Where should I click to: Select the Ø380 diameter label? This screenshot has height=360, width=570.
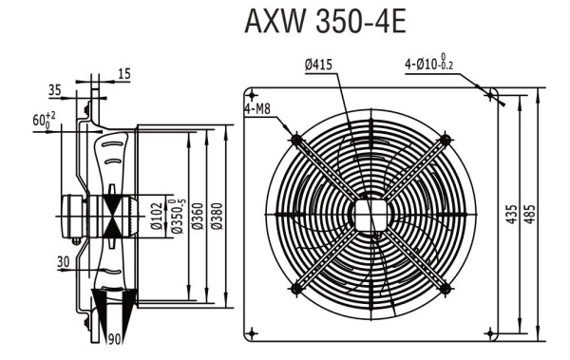coord(217,217)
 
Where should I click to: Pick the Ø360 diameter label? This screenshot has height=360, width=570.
coord(197,217)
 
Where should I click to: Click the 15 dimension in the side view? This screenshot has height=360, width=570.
coord(125,72)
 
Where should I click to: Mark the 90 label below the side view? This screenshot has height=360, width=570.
coord(114,336)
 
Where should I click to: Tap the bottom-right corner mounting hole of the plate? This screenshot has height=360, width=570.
coord(489,332)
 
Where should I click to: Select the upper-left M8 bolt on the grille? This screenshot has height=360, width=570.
coord(297,140)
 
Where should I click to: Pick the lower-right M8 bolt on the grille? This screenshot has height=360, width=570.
coord(443,287)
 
